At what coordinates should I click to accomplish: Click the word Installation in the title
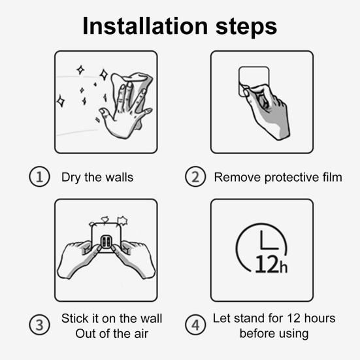coord(145,26)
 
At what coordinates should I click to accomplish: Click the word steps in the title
coord(246,27)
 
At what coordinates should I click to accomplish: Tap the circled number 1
coord(39,176)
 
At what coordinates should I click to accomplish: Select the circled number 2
coord(195,176)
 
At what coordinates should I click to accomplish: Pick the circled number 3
coord(39,325)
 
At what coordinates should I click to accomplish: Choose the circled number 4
coord(195,325)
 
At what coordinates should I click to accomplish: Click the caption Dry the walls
coord(97,178)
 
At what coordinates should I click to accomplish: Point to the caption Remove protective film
coord(278,178)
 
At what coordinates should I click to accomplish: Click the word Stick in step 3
coord(74,318)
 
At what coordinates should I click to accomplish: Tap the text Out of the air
coord(112,334)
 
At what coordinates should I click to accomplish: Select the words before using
coord(274,334)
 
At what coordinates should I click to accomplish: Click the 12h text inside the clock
coord(271,264)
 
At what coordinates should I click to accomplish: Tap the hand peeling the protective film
coord(267,111)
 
